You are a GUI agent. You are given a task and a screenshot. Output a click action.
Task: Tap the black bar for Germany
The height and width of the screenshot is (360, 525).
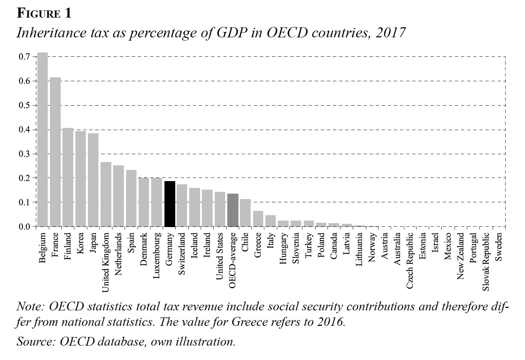coord(169,204)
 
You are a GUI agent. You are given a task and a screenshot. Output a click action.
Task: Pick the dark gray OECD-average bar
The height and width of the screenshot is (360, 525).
coord(233,210)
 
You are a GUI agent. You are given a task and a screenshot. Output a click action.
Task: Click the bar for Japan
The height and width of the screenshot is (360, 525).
coord(93,180)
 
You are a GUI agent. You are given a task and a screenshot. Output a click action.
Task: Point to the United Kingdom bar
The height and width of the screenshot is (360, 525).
coord(106,194)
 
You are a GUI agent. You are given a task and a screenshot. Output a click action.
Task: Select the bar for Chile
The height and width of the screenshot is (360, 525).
coord(245,213)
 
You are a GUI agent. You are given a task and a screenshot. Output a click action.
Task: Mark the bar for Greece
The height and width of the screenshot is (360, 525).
coord(258,219)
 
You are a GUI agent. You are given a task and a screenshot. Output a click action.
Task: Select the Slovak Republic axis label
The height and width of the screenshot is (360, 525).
coord(486,262)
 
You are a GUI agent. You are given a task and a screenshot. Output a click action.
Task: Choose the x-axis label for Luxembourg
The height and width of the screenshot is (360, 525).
coord(157,255)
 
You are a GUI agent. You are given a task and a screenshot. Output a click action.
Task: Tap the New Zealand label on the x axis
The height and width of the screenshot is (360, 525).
coord(461,256)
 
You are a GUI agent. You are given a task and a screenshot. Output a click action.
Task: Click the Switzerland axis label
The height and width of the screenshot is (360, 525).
coord(182,254)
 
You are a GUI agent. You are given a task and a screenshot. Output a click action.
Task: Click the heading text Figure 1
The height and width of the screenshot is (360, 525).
coord(44,13)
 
